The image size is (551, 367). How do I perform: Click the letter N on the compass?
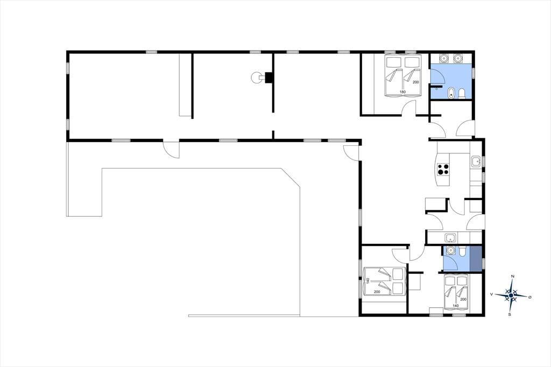(x=513, y=276)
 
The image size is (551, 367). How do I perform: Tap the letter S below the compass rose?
(x=510, y=314)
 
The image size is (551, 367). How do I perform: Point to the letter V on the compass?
(x=491, y=294)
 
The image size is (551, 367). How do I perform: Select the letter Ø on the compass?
(x=530, y=297)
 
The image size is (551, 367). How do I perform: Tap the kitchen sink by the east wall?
(x=476, y=161)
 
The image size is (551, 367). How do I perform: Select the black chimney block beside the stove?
(x=269, y=77)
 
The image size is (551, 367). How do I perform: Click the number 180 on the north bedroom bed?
(x=402, y=92)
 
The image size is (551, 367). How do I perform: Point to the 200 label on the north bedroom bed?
(x=416, y=82)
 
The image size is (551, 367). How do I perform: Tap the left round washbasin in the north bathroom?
(x=444, y=58)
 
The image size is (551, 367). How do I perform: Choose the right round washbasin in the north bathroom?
(x=457, y=58)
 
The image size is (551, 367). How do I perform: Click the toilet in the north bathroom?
(x=462, y=93)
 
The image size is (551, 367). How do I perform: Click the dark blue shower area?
(x=476, y=259)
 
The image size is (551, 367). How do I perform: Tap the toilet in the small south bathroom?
(x=463, y=250)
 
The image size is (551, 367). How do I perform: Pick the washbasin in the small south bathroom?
(x=450, y=250)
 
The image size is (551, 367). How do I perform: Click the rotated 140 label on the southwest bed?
(x=368, y=281)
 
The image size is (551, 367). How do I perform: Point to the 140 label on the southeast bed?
(x=455, y=306)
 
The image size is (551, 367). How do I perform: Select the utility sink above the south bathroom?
(x=450, y=238)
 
